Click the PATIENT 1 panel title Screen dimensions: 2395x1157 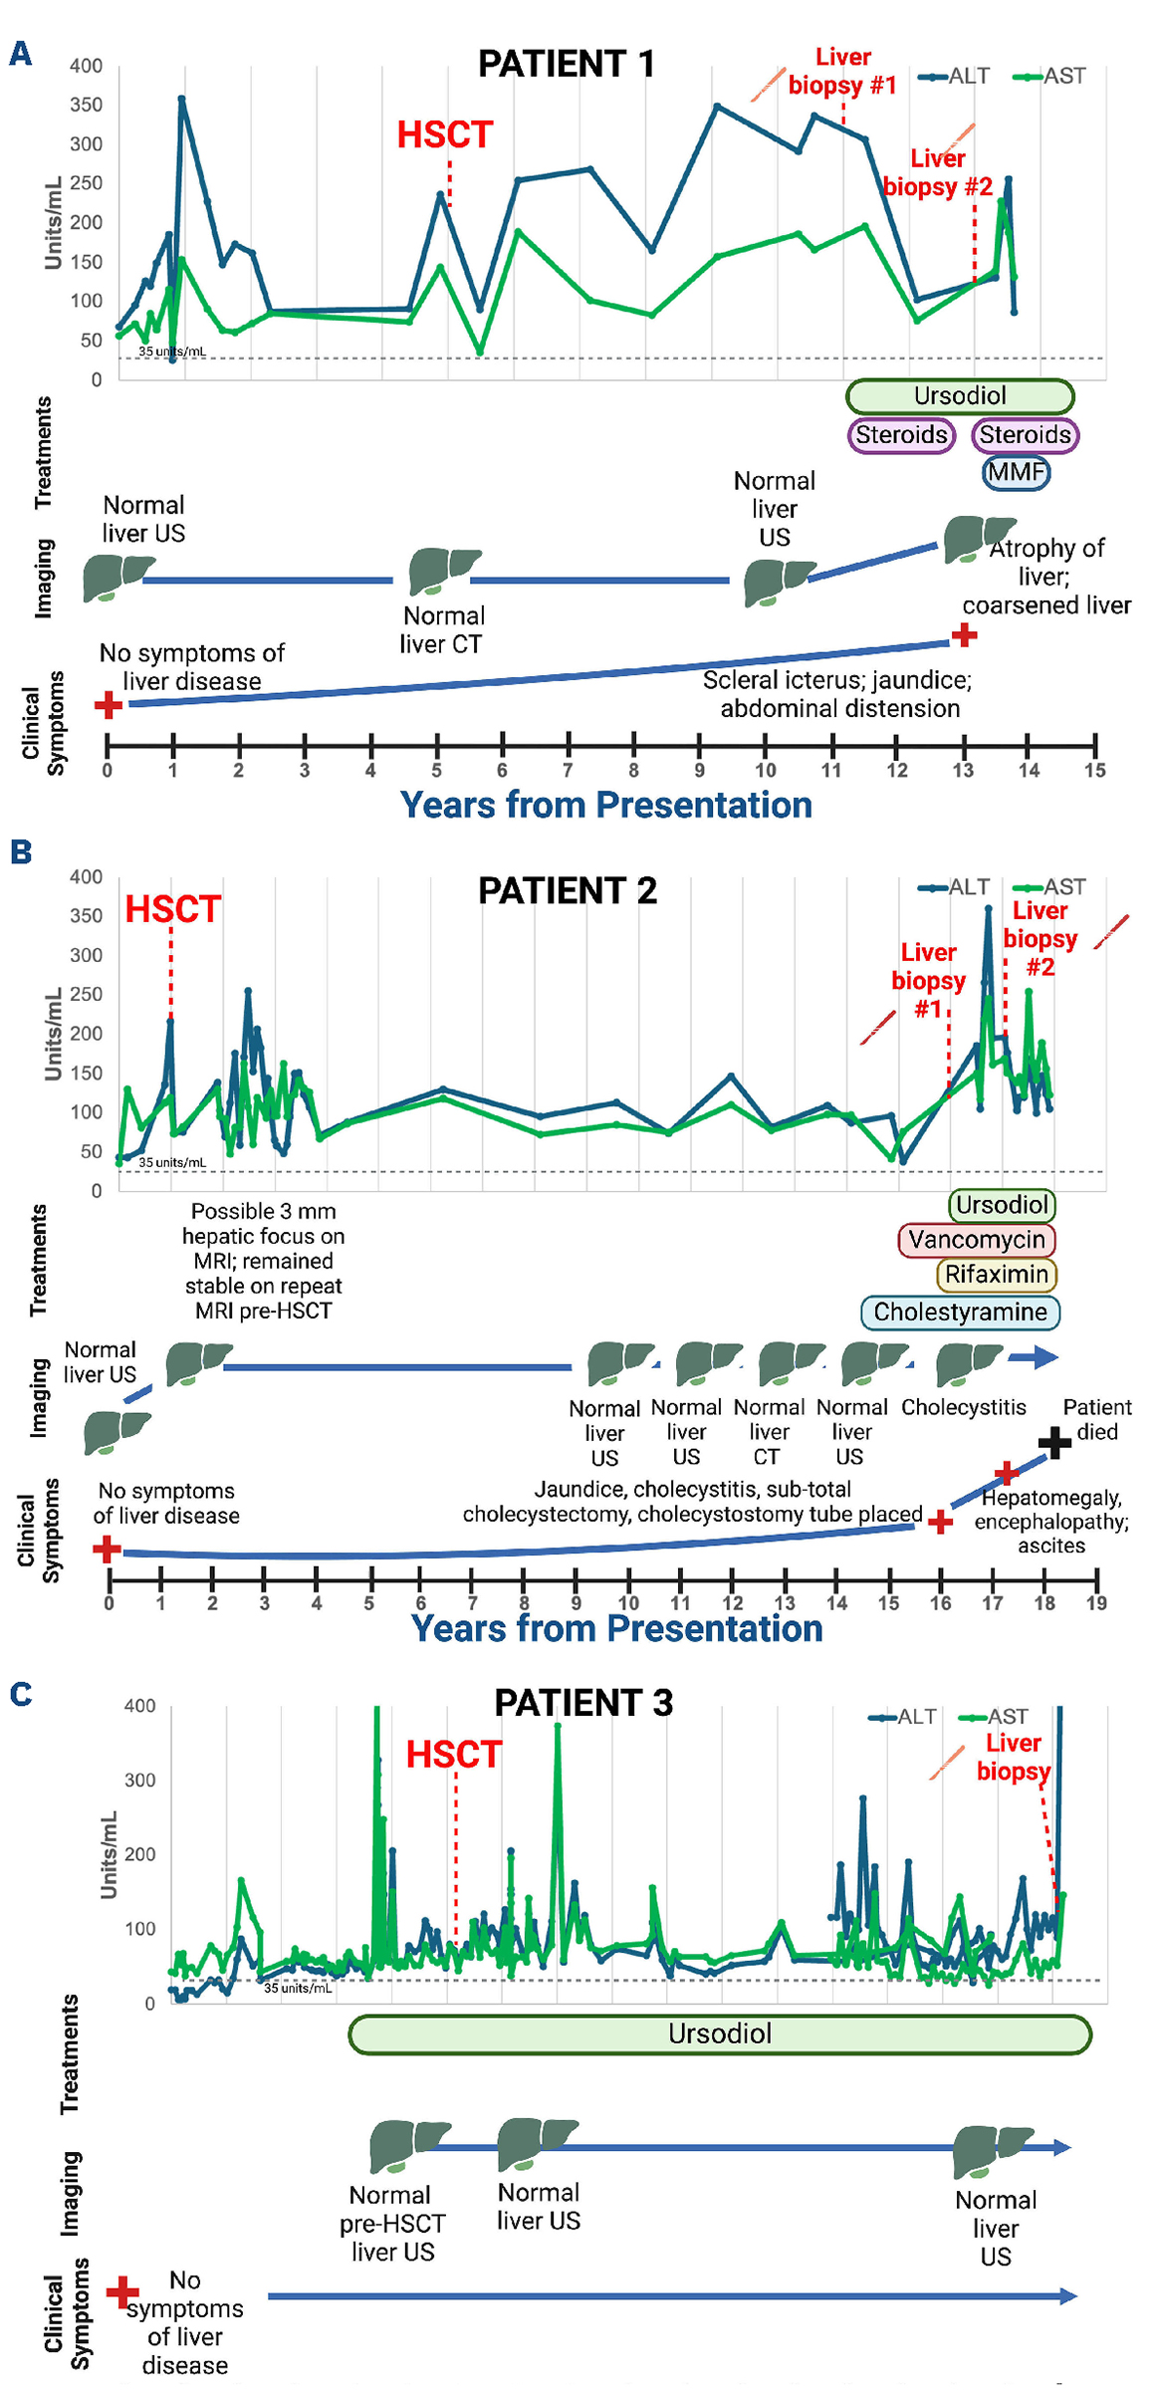(x=567, y=64)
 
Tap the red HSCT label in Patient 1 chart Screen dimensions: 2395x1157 (x=444, y=134)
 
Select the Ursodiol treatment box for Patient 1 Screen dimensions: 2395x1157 (x=960, y=396)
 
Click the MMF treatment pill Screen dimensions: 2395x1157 (x=1016, y=471)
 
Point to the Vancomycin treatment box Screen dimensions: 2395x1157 (x=976, y=1240)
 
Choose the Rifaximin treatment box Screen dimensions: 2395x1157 (x=996, y=1275)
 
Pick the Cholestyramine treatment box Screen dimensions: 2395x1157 (x=960, y=1313)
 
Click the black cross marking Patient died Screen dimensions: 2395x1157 (x=1053, y=1442)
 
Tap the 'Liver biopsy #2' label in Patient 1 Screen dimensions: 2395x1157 (x=938, y=172)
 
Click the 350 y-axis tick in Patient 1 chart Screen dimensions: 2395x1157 (x=86, y=105)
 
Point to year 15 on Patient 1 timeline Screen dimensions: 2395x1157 (x=1095, y=769)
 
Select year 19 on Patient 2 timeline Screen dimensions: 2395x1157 (x=1096, y=1602)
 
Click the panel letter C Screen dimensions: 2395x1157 (x=21, y=1694)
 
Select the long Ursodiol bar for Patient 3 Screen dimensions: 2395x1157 (x=720, y=2034)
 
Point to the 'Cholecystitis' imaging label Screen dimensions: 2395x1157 (x=963, y=1407)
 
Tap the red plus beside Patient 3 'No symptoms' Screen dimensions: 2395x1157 (x=122, y=2291)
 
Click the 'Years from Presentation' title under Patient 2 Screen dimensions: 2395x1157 (x=616, y=1628)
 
